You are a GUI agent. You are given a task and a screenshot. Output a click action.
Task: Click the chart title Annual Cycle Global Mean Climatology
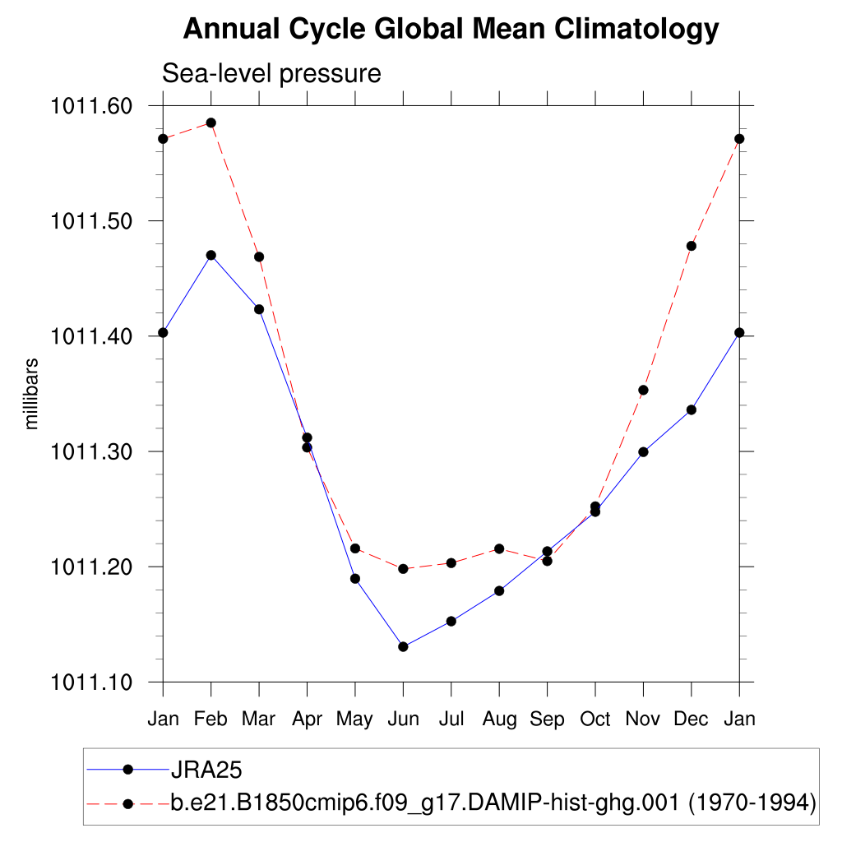coord(451,30)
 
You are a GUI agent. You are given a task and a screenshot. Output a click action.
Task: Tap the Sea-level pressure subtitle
coord(271,73)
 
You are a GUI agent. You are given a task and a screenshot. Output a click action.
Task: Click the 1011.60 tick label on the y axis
coord(91,106)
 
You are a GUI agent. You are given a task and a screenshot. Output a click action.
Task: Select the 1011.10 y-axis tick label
coord(91,682)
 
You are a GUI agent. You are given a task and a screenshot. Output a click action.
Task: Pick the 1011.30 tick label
coord(91,451)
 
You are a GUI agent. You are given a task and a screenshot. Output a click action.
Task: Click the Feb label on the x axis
coord(211,719)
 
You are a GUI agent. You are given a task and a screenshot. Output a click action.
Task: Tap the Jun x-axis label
coord(403,719)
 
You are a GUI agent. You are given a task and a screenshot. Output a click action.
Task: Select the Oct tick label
coord(595,719)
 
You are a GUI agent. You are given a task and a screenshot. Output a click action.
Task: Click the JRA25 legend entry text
coord(205,770)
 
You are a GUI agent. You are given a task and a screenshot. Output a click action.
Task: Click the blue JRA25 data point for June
coord(403,647)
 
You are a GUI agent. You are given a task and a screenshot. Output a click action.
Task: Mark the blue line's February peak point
coord(211,255)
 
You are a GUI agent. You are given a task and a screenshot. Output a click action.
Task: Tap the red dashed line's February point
coord(211,123)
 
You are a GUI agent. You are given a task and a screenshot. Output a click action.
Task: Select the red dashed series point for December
coord(692,246)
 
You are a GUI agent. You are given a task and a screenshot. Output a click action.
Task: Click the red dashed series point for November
coord(643,390)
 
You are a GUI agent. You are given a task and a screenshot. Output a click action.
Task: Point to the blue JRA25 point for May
coord(355,579)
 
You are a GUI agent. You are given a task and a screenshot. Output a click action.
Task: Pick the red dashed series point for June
coord(403,569)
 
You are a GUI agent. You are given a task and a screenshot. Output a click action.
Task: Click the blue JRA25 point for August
coord(499,590)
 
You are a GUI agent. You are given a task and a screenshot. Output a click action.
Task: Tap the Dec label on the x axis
coord(692,719)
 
